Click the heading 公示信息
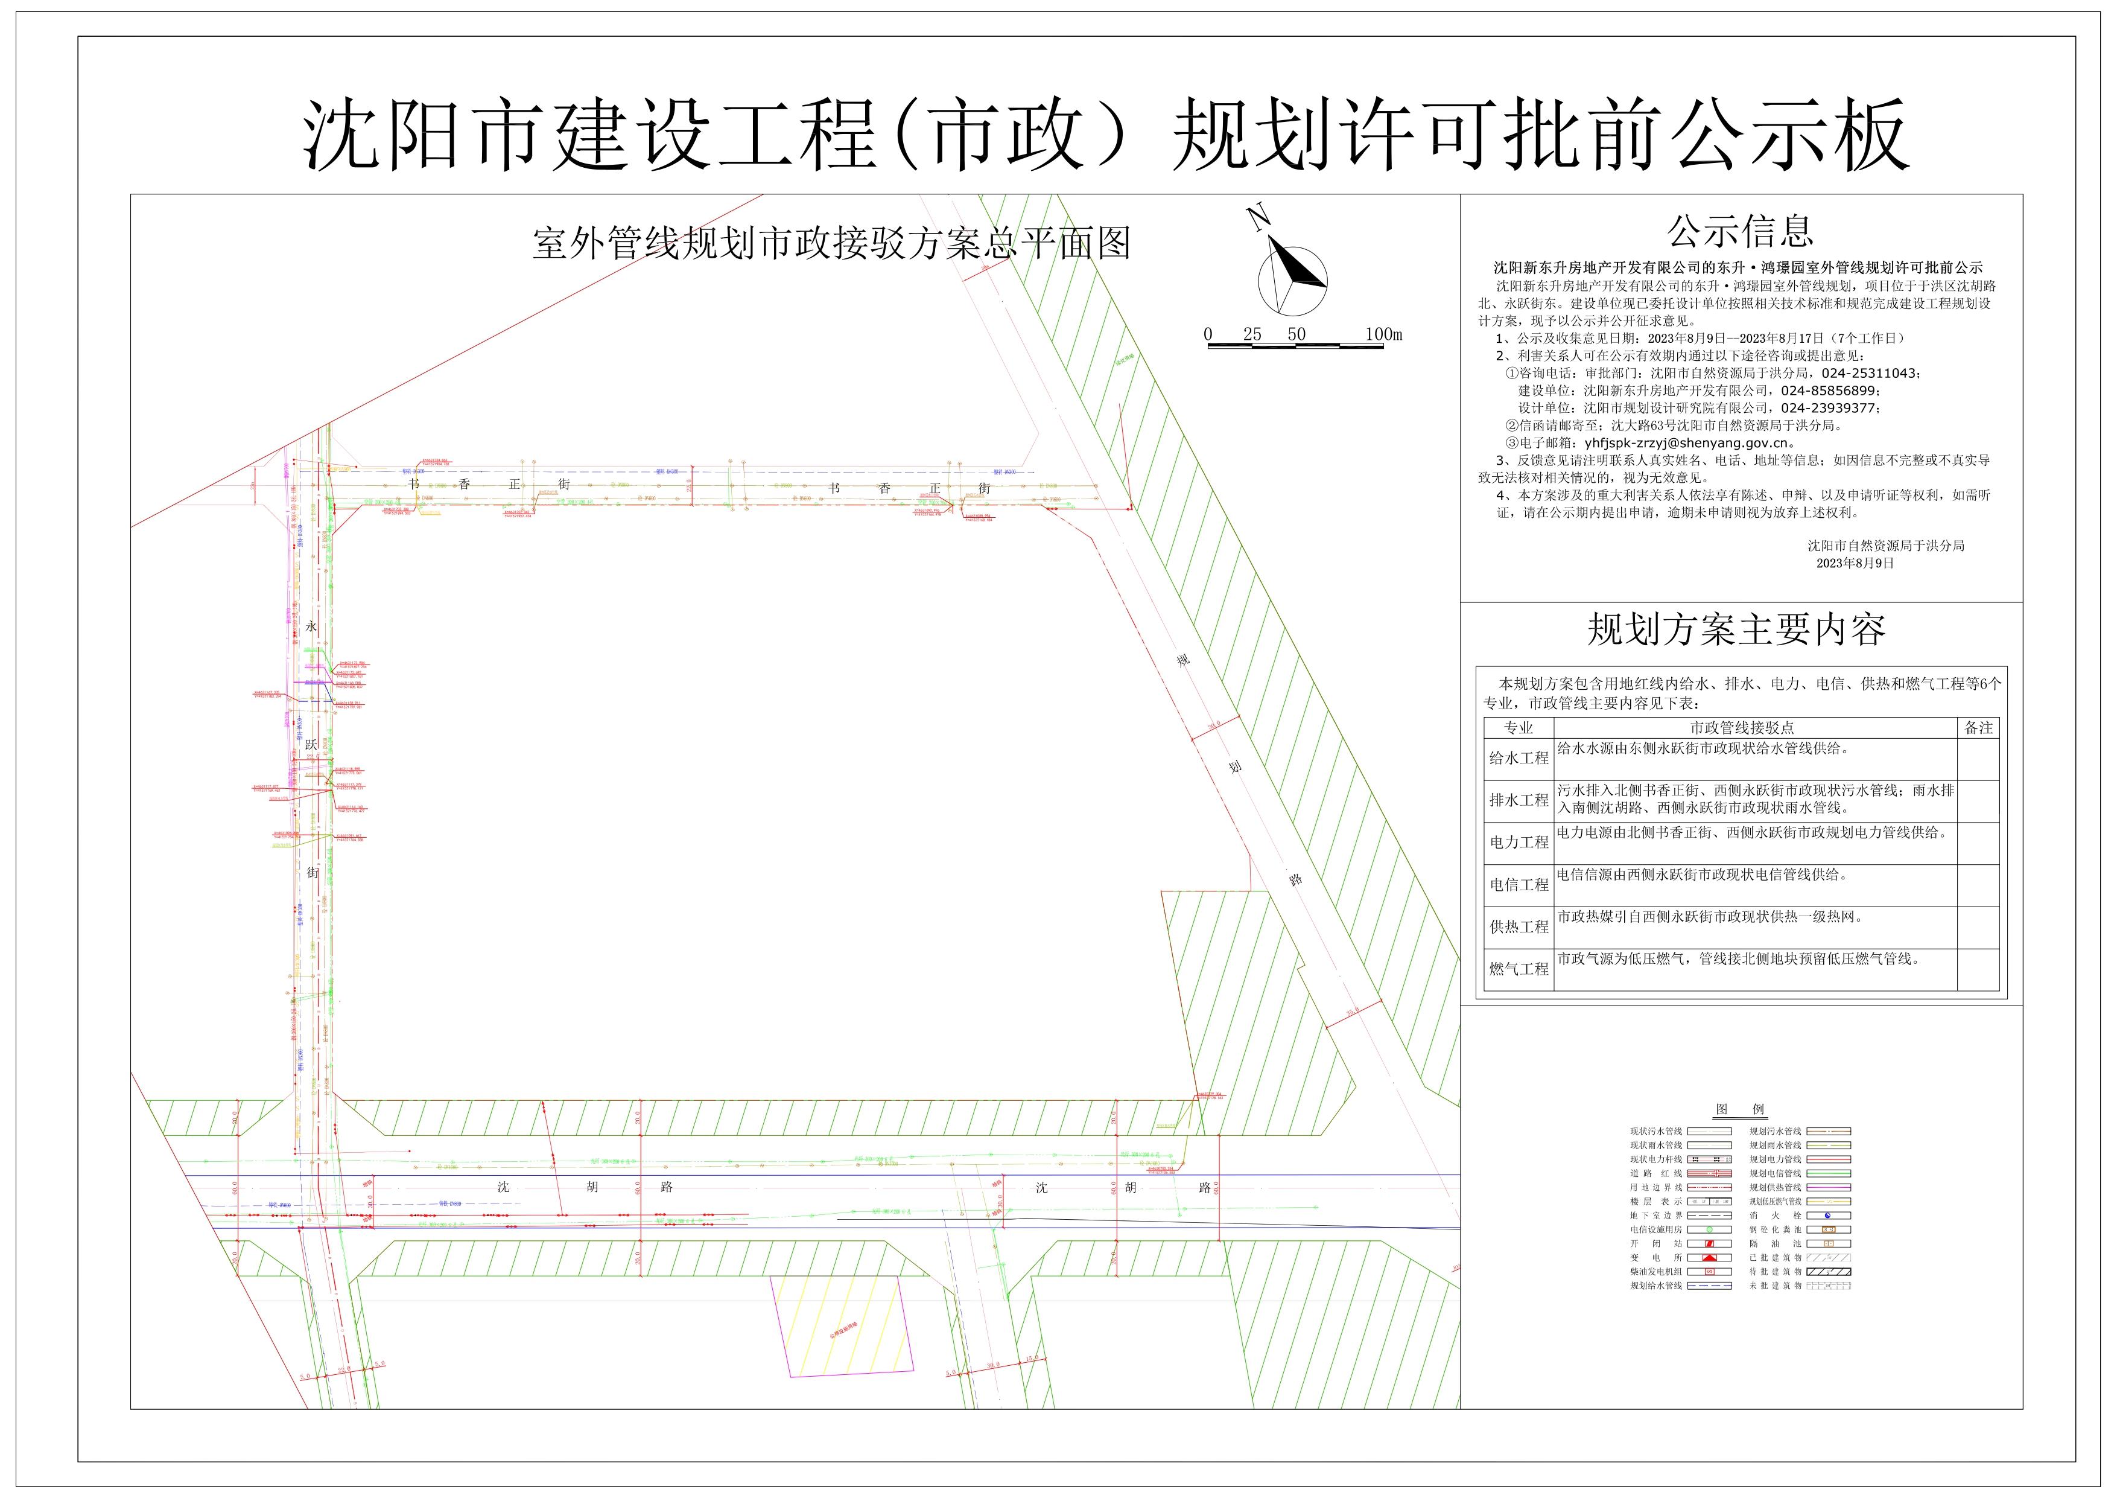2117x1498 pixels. coord(1740,232)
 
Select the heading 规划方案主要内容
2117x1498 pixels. coord(1736,630)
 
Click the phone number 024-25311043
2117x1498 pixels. coord(1869,374)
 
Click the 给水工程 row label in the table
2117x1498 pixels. coord(1519,758)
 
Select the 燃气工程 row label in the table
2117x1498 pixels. coord(1519,969)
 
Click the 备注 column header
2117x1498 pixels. coord(1979,728)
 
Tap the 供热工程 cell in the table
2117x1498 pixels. coord(1519,927)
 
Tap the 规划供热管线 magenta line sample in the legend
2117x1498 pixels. coord(1829,1187)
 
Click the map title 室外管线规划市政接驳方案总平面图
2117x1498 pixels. coord(831,243)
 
